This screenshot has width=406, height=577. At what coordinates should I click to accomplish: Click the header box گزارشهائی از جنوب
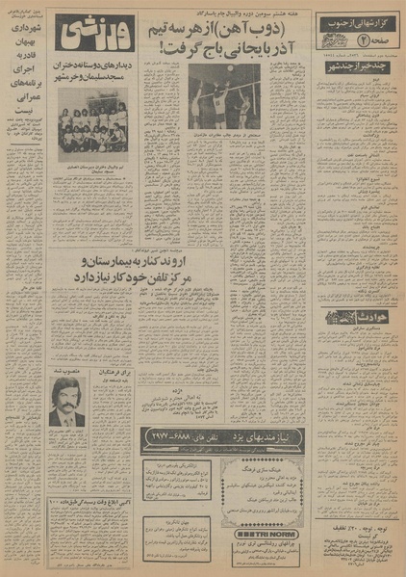coord(370,21)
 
